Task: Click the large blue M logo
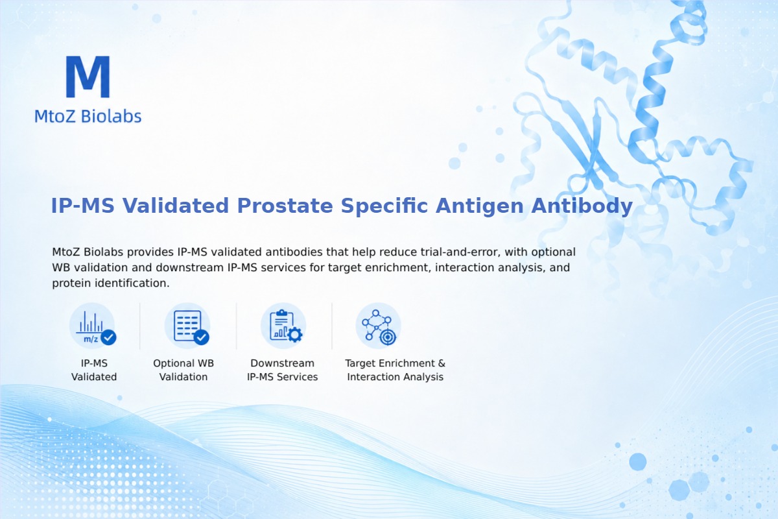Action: [x=88, y=77]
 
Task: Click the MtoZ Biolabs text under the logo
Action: [x=88, y=116]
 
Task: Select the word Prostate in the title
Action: [x=285, y=206]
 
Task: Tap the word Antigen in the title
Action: [x=479, y=206]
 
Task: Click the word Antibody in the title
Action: [x=582, y=206]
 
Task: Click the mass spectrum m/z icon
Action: [x=92, y=326]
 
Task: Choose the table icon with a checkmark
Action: [x=187, y=326]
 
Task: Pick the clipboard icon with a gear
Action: [x=283, y=326]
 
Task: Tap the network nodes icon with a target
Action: [x=378, y=326]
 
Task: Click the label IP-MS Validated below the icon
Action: [x=94, y=370]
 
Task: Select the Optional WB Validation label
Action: [x=183, y=370]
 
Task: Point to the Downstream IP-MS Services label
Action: [x=283, y=370]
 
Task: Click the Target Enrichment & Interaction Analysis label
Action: [x=395, y=370]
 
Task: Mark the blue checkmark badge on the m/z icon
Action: [x=108, y=337]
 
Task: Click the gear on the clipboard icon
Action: [x=295, y=335]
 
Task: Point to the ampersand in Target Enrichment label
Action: [x=442, y=363]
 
